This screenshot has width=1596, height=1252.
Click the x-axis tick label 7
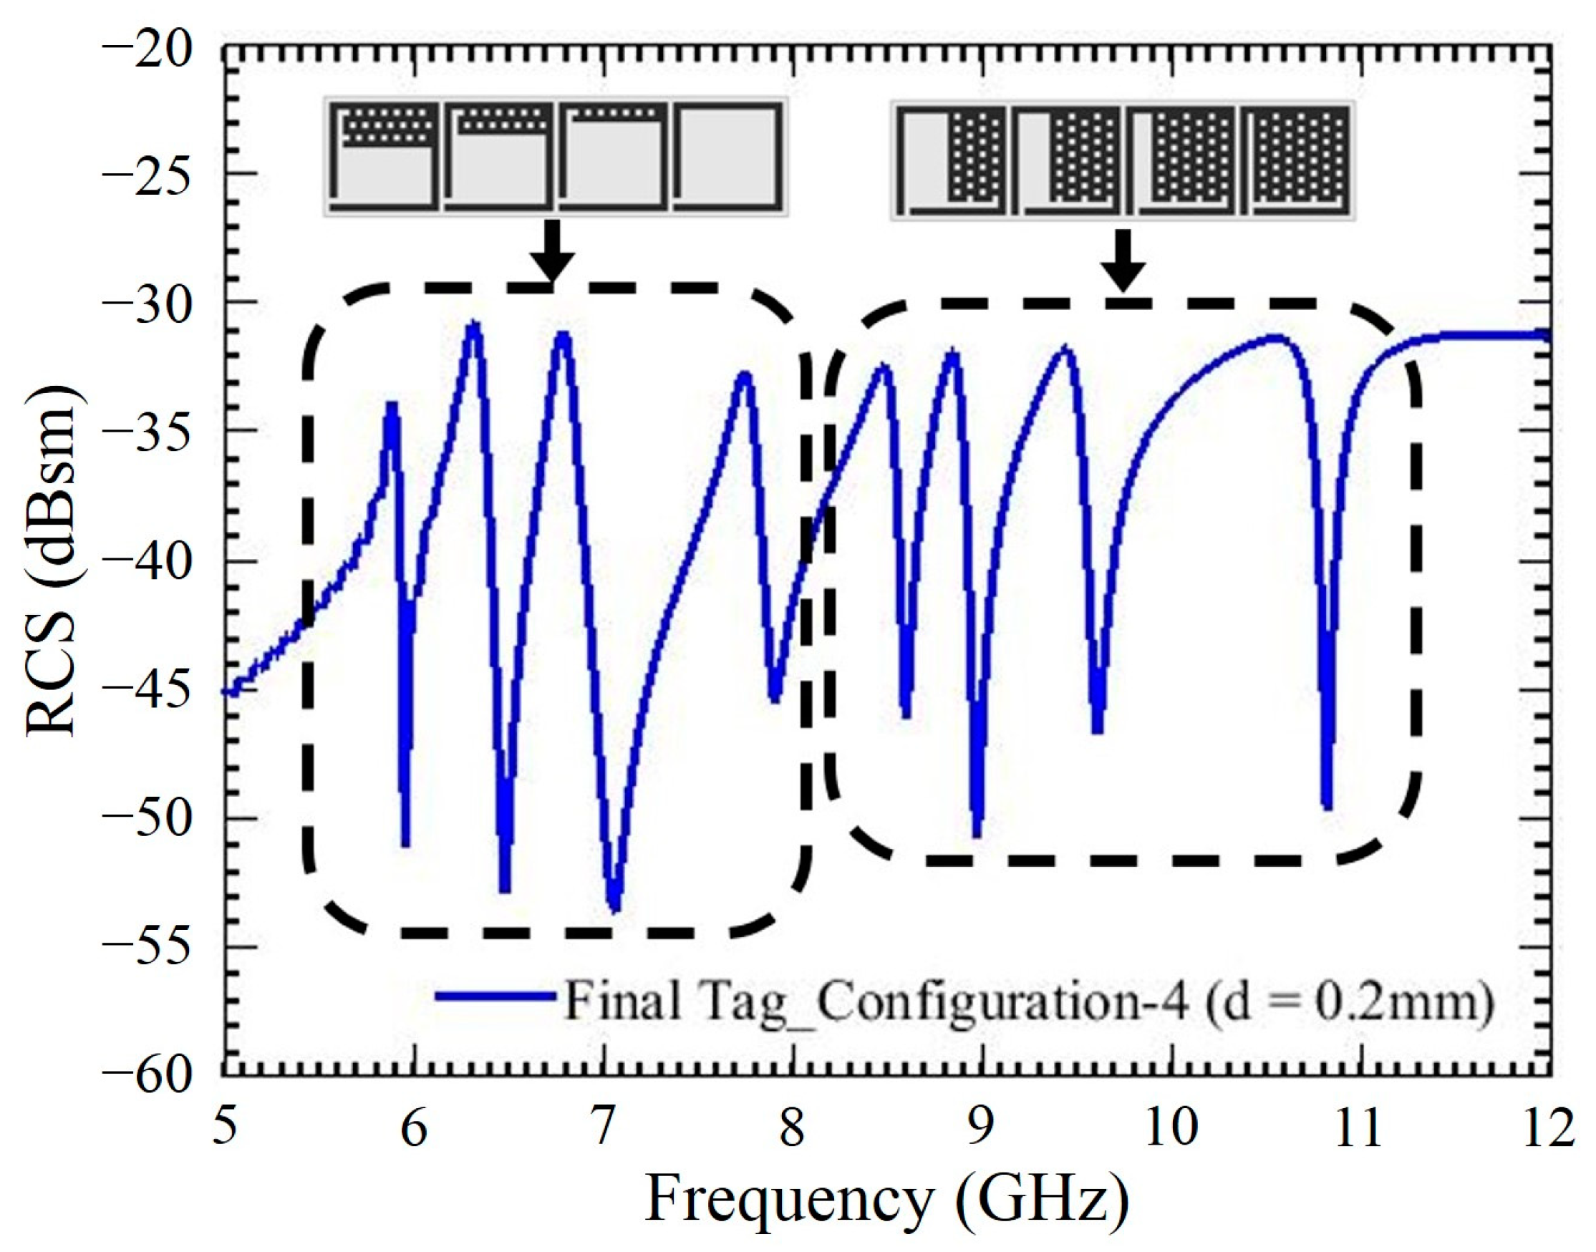tap(603, 1130)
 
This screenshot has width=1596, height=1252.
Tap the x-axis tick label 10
tap(1170, 1130)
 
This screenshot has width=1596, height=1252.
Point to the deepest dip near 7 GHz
tap(615, 908)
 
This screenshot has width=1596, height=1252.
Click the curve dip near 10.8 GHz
tap(1327, 806)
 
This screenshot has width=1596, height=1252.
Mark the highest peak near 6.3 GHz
tap(473, 325)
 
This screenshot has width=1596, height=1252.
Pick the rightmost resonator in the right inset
tap(1295, 158)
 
